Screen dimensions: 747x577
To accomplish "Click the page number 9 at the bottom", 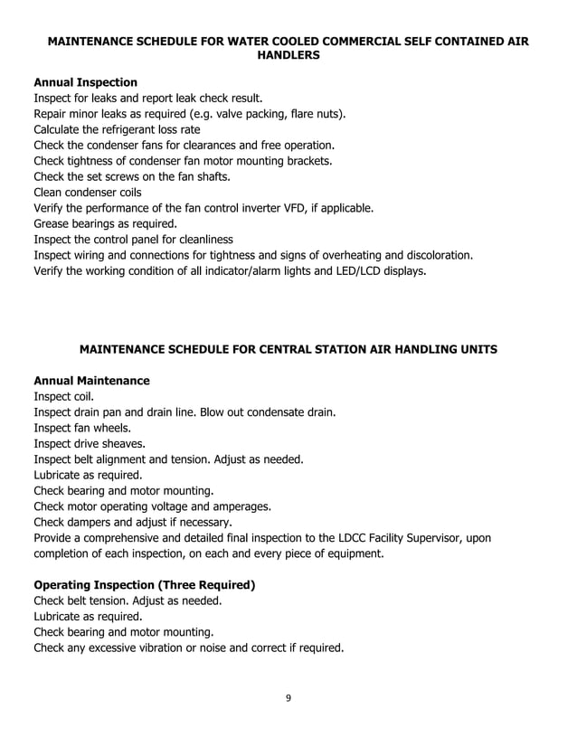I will click(288, 696).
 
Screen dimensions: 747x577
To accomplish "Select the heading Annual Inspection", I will click(85, 82).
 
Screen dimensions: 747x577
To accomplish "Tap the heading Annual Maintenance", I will click(91, 381).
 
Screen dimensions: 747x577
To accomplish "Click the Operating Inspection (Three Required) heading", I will click(145, 585).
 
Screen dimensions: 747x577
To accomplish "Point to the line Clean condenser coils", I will click(87, 192).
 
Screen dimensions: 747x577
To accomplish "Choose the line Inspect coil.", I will click(62, 396).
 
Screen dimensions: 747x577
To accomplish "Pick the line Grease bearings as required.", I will click(105, 223).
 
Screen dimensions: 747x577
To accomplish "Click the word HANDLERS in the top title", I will click(288, 55).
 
